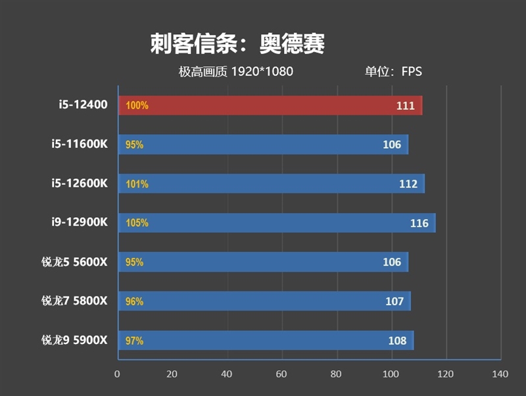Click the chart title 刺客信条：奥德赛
[x=237, y=45]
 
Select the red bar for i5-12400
[x=270, y=105]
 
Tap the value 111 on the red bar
[x=406, y=105]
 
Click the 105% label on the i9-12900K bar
[x=137, y=223]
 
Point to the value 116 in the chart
[x=419, y=223]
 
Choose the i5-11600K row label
[x=80, y=144]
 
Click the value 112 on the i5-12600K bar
[x=408, y=184]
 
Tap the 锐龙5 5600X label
[x=74, y=262]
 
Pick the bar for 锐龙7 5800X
[x=264, y=301]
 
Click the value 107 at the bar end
[x=394, y=301]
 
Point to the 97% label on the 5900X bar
[x=134, y=341]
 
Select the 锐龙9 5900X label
[x=74, y=340]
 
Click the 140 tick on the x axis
[x=500, y=374]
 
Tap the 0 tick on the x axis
[x=118, y=374]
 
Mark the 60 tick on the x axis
[x=282, y=374]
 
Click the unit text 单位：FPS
[x=393, y=71]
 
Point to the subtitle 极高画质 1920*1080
[x=236, y=71]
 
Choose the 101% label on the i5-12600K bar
[x=137, y=184]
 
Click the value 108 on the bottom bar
[x=397, y=341]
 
